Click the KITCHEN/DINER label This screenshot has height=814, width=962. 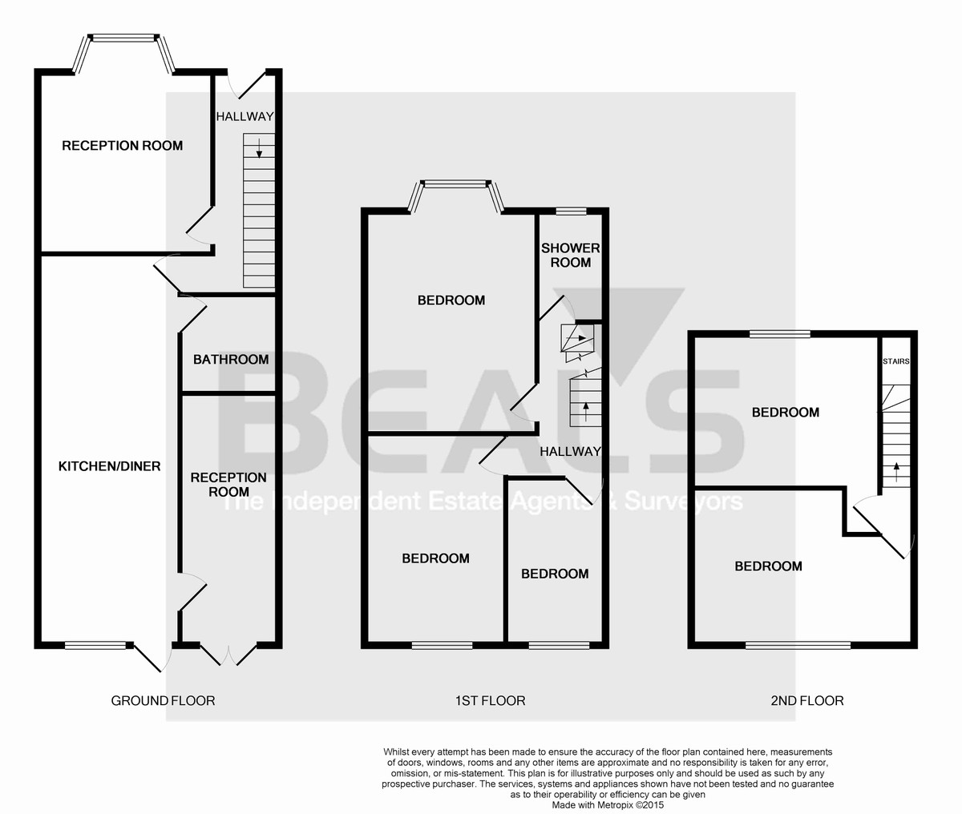pos(110,466)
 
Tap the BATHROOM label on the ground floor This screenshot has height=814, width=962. pos(231,359)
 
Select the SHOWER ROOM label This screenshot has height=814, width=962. pos(570,256)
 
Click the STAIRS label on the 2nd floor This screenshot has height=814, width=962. pos(895,361)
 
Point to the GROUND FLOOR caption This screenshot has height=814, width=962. pos(163,701)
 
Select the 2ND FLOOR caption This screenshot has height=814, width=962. pos(807,701)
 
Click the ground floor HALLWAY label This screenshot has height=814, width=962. pos(245,117)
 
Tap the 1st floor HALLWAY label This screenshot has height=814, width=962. pos(570,452)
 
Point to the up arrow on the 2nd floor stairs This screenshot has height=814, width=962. pos(895,469)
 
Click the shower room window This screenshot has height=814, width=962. pos(570,212)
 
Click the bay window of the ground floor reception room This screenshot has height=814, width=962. pos(123,38)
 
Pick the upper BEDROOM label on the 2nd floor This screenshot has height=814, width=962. pos(785,413)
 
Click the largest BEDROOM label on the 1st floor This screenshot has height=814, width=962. pos(451,300)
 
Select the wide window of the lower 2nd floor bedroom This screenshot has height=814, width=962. pos(798,644)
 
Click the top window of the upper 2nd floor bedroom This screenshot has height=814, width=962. pos(779,334)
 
